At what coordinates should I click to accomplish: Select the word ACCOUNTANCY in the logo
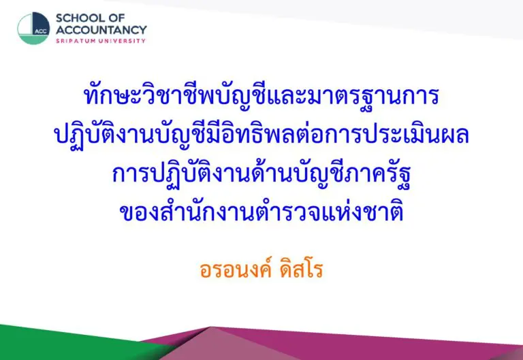point(101,30)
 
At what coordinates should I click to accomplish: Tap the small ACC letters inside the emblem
point(41,32)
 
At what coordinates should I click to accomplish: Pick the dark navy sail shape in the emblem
point(41,23)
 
